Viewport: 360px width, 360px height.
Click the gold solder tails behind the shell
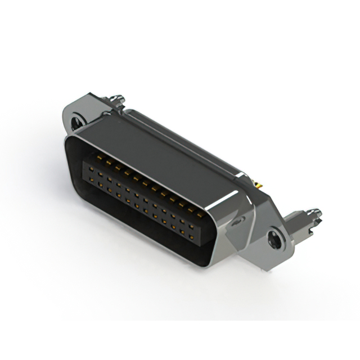(x=260, y=184)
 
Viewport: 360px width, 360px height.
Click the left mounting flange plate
(x=79, y=112)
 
